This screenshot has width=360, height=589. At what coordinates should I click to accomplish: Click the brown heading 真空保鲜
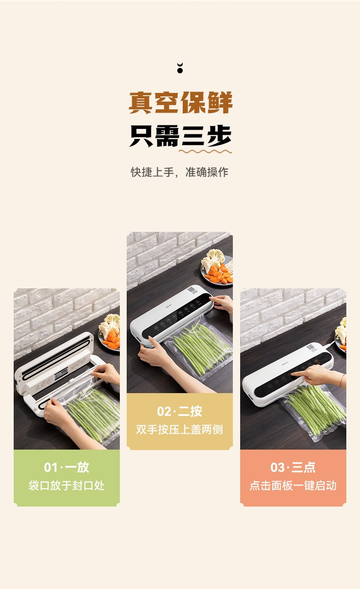180,102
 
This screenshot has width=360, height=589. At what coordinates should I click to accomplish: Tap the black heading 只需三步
180,136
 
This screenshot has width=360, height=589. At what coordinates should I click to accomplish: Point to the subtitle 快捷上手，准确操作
180,172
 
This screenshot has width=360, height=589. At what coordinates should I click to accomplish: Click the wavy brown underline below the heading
205,151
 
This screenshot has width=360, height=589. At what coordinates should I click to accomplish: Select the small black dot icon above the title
180,68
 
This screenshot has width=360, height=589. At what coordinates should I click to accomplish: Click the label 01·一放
67,467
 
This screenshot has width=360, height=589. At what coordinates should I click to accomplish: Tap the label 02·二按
180,411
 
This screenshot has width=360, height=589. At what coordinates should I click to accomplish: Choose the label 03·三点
293,467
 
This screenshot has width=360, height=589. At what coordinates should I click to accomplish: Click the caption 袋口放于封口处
67,486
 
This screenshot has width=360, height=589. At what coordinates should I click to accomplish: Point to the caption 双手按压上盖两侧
180,430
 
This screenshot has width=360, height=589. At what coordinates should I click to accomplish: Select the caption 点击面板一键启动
293,486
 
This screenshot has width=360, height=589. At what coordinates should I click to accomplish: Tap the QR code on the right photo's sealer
311,348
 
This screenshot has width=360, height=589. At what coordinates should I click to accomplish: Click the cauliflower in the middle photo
213,259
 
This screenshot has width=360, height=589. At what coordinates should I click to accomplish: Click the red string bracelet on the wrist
342,381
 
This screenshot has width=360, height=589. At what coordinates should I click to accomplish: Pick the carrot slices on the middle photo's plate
219,275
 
